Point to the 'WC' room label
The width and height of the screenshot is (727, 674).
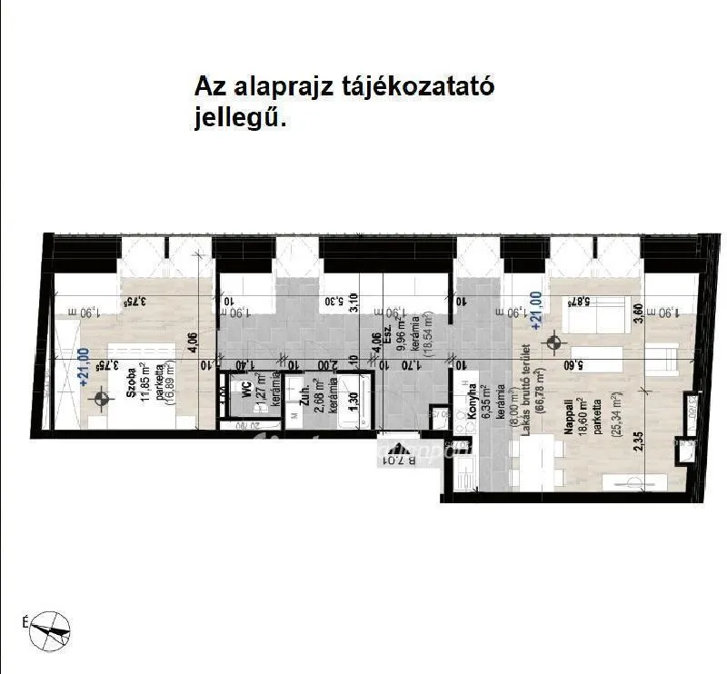[245, 388]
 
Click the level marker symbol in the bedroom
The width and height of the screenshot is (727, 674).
[102, 398]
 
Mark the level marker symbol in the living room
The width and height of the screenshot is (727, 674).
[552, 343]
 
